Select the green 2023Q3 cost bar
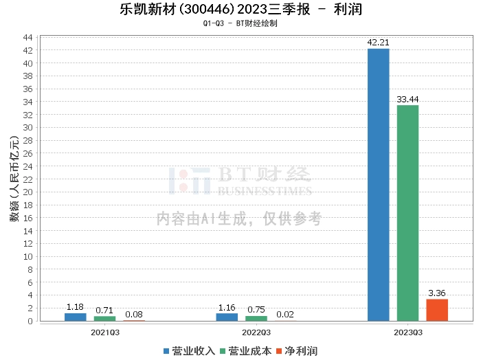(x=407, y=213)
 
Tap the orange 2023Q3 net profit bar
(x=437, y=310)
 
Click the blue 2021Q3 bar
(x=76, y=317)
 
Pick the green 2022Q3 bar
(x=256, y=318)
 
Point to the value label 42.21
(x=378, y=43)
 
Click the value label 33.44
(x=407, y=100)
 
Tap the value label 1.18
(x=76, y=307)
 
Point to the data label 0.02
(x=285, y=315)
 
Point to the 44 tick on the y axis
(x=29, y=37)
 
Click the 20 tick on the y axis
(x=29, y=192)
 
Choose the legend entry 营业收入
(x=189, y=351)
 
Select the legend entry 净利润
(x=296, y=351)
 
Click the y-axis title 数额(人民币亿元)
(x=12, y=179)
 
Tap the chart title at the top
(x=240, y=10)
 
